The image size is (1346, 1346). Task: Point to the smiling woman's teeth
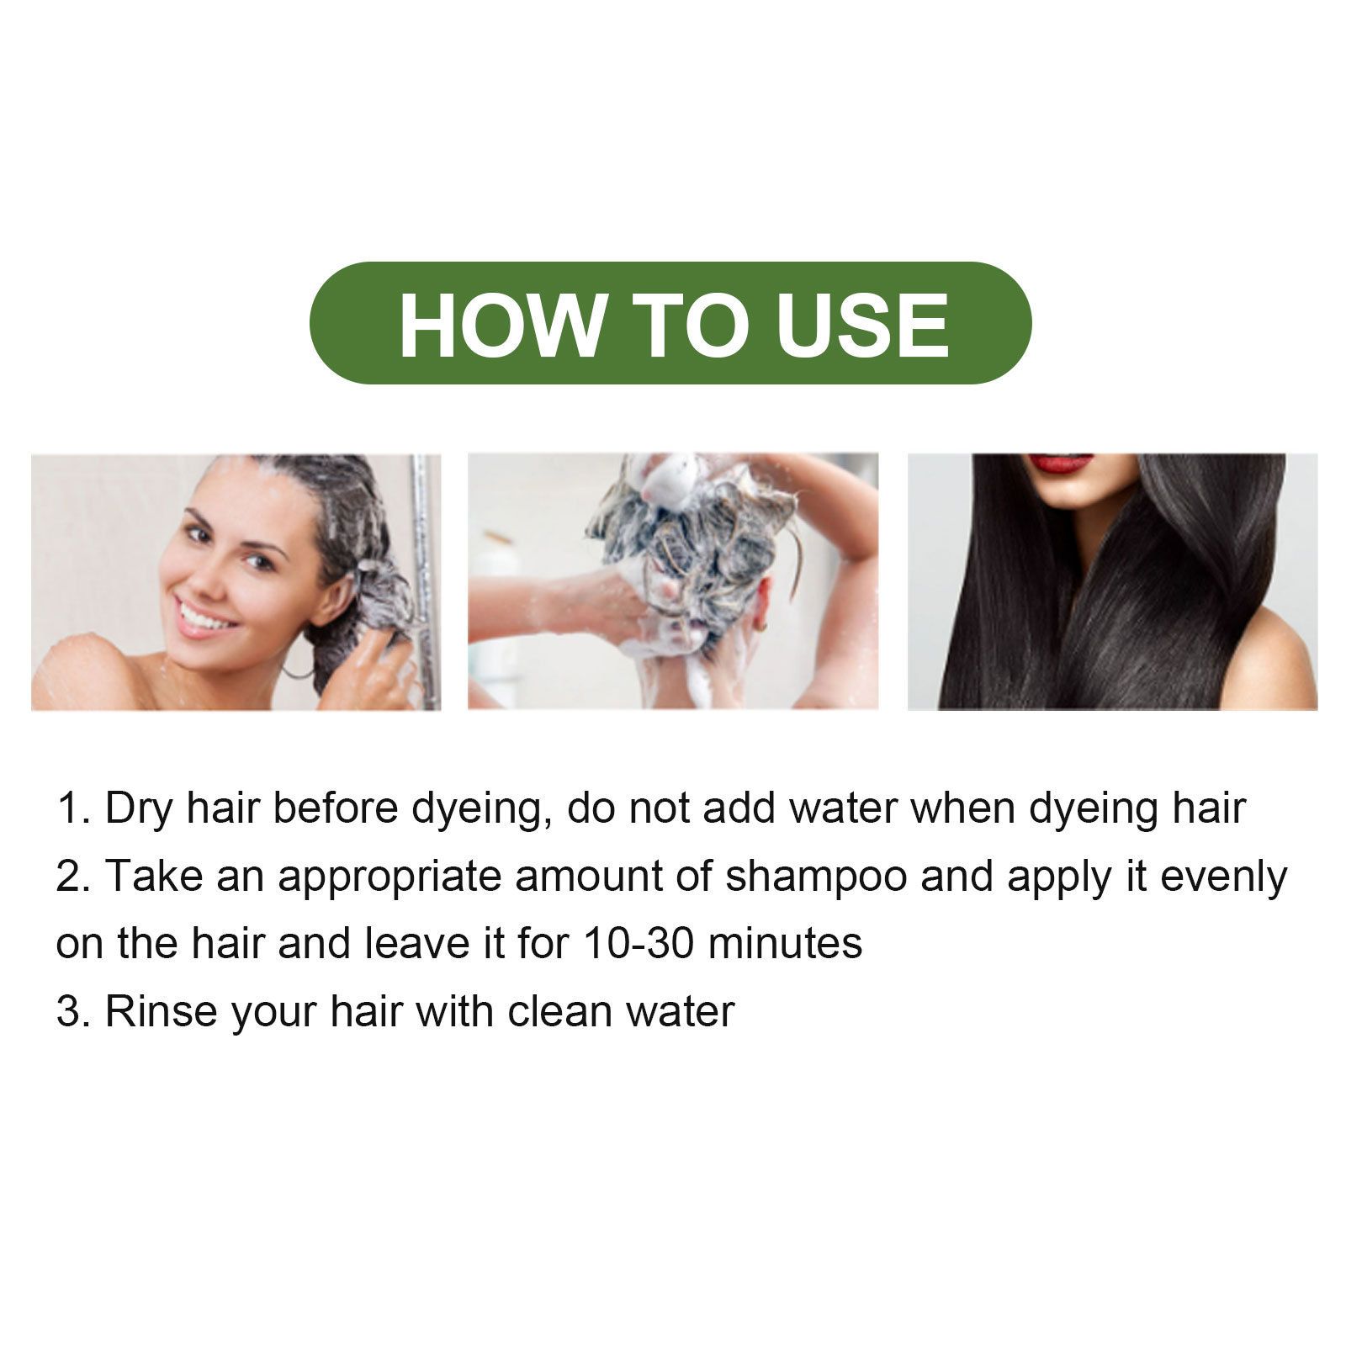[x=203, y=618]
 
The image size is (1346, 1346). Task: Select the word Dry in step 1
[x=140, y=809]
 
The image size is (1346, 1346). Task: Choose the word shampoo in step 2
[x=816, y=877]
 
